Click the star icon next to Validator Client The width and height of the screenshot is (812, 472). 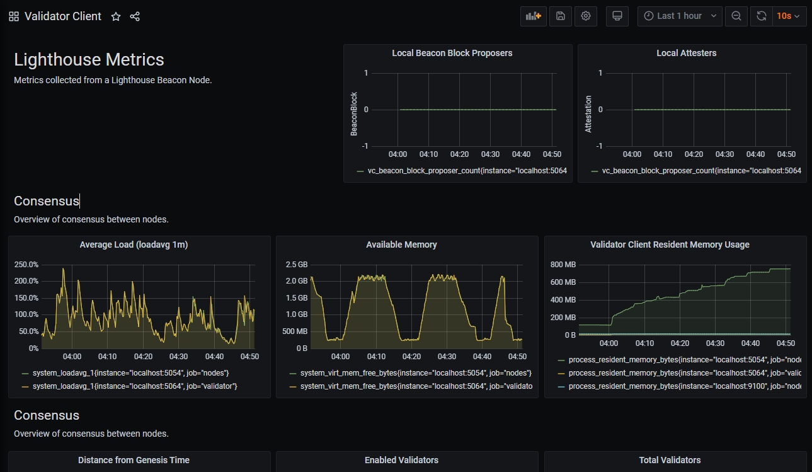pos(116,16)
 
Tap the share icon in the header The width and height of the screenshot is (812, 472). pos(135,16)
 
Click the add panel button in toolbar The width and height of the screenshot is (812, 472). pos(533,16)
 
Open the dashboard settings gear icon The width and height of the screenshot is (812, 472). pos(586,16)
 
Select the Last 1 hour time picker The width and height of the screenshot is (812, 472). pos(680,16)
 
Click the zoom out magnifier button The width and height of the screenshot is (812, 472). pos(736,16)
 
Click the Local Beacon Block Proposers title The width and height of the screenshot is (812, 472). pos(452,54)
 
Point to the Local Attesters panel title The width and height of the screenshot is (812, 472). pos(686,54)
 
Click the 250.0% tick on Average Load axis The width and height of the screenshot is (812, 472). pos(26,265)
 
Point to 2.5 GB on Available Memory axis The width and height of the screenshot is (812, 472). pos(296,265)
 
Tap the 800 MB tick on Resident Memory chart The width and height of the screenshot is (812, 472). pos(563,264)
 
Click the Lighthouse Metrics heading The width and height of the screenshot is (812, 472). pos(89,60)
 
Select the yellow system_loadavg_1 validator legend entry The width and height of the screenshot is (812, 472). pos(134,386)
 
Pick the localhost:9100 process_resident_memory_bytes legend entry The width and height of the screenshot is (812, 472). pos(683,386)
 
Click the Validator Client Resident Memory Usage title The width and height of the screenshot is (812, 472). pos(670,245)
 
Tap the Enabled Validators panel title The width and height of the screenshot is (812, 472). pos(401,461)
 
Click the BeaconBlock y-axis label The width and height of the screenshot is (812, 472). pos(354,114)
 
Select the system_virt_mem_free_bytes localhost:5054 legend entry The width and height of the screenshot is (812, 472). pos(415,373)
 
